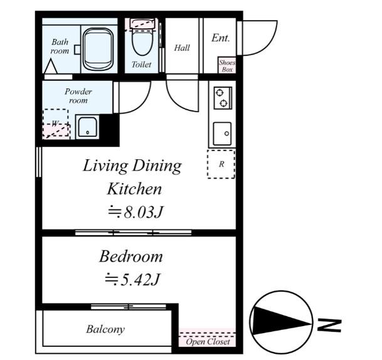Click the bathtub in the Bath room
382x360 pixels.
click(x=98, y=49)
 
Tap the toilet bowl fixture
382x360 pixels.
click(x=142, y=38)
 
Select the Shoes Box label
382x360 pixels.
click(x=227, y=66)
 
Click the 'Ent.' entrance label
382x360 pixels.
click(x=220, y=38)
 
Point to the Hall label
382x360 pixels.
click(x=182, y=48)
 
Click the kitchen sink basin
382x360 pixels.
click(x=222, y=134)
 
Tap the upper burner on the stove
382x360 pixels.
click(x=220, y=93)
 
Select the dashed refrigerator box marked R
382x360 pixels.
click(x=221, y=164)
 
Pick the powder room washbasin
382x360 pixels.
click(x=87, y=127)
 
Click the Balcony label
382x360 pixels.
click(x=105, y=329)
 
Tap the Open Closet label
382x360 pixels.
click(x=208, y=341)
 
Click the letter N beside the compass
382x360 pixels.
click(x=329, y=326)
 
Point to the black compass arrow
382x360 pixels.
click(x=282, y=322)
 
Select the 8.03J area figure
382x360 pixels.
click(x=143, y=212)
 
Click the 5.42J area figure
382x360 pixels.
click(x=140, y=279)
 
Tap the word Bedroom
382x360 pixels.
click(x=131, y=257)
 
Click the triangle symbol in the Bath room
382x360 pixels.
click(x=51, y=66)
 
